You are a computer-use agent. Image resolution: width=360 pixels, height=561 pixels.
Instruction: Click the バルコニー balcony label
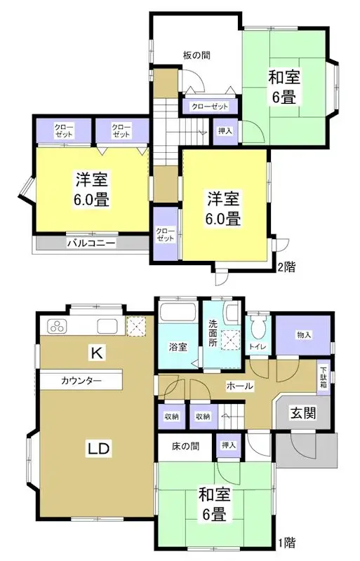tap(91, 243)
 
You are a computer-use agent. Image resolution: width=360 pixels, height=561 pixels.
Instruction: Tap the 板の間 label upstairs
tap(196, 55)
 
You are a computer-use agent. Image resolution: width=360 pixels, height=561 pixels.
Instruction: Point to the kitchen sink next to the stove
tap(107, 326)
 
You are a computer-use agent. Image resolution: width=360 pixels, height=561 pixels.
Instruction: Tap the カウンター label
tap(81, 381)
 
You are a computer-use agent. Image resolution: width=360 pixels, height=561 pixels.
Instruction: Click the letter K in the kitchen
tap(96, 353)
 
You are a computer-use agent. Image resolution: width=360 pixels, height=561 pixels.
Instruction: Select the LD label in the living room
tap(96, 447)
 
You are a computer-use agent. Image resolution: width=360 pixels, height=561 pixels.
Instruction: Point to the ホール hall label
tap(239, 386)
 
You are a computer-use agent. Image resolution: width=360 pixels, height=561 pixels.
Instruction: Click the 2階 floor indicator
tap(286, 267)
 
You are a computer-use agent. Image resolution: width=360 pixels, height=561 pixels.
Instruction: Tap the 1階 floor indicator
tap(286, 542)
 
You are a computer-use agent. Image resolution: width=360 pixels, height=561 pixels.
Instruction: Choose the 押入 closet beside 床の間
tap(229, 445)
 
